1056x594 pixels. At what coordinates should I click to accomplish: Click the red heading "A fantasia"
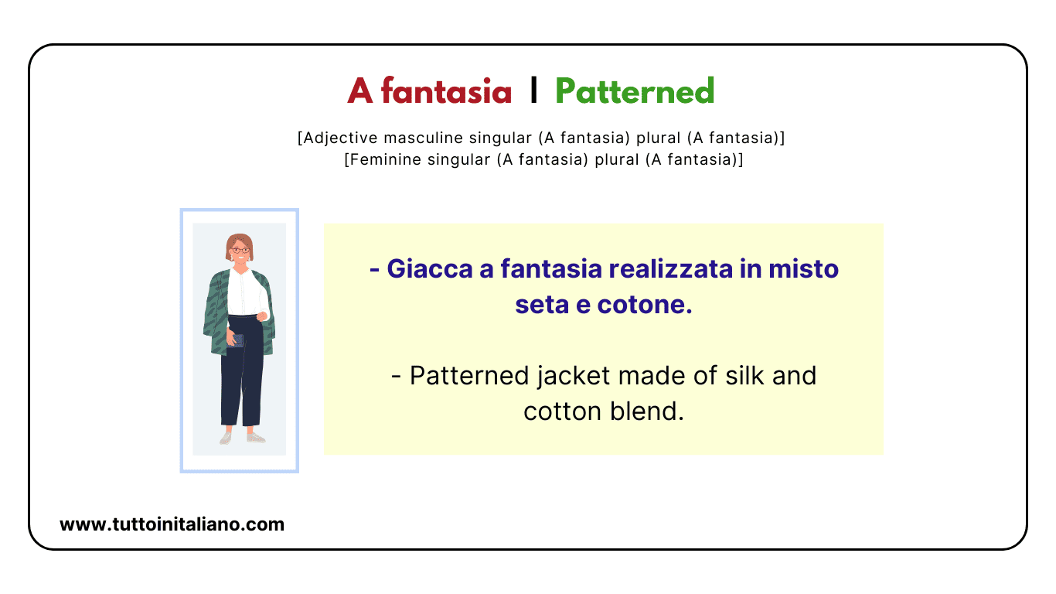(429, 92)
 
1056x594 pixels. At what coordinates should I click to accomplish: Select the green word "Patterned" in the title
(635, 92)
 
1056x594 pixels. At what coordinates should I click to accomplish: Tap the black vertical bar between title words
(533, 90)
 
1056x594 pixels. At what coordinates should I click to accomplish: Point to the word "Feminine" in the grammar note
(380, 160)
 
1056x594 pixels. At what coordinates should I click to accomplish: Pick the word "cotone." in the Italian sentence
(645, 304)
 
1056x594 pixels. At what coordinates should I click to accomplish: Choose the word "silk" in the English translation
(741, 375)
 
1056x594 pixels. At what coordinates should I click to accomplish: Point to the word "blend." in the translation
(649, 411)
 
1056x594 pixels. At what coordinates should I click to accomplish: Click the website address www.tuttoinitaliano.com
(172, 524)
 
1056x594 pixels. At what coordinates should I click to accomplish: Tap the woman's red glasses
(240, 250)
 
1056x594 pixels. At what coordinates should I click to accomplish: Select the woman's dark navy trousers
(241, 379)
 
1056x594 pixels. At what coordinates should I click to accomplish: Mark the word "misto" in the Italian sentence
(803, 268)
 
